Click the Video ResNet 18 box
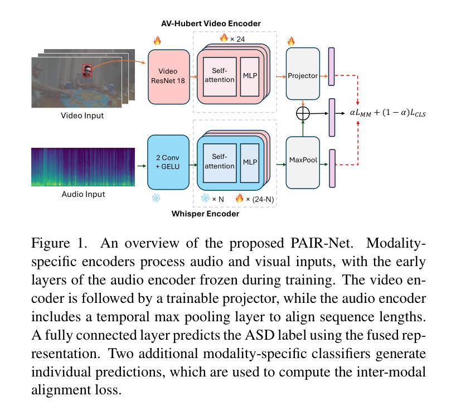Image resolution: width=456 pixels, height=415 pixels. (x=169, y=77)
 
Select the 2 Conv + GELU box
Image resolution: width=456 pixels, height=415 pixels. (x=168, y=162)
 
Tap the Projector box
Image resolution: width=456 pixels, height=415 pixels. (x=303, y=74)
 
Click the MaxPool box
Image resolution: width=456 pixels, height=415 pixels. (x=303, y=162)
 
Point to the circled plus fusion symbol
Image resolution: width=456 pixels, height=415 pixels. (x=303, y=113)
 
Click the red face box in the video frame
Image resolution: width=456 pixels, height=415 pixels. (x=87, y=70)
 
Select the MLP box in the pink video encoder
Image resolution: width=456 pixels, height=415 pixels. (x=250, y=76)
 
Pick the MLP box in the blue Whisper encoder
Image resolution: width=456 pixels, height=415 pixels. (x=250, y=163)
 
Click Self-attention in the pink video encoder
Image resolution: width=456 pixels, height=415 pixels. (x=220, y=76)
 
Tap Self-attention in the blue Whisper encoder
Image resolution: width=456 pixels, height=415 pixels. (x=220, y=163)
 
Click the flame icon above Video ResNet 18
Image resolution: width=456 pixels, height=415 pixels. (x=157, y=41)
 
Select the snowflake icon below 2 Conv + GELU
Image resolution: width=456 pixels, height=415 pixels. (x=156, y=198)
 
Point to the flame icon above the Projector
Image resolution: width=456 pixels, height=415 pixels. (x=291, y=41)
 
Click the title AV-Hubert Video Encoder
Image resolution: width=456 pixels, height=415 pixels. (x=211, y=23)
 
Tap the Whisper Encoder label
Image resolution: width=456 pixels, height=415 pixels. (x=205, y=214)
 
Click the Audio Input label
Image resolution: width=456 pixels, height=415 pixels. (x=83, y=194)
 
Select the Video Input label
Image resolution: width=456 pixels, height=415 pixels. (x=83, y=115)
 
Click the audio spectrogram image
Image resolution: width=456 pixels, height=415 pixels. (x=83, y=167)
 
